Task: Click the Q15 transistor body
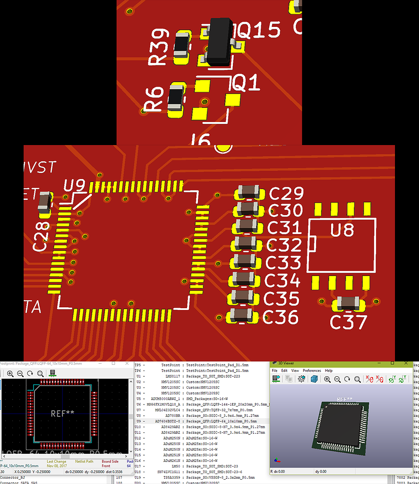[x=220, y=41]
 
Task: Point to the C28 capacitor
[x=44, y=203]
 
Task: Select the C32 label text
[x=284, y=245]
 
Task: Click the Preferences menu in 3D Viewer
[x=312, y=371]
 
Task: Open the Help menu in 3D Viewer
[x=329, y=371]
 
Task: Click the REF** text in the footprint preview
[x=62, y=413]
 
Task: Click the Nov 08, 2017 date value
[x=57, y=466]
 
